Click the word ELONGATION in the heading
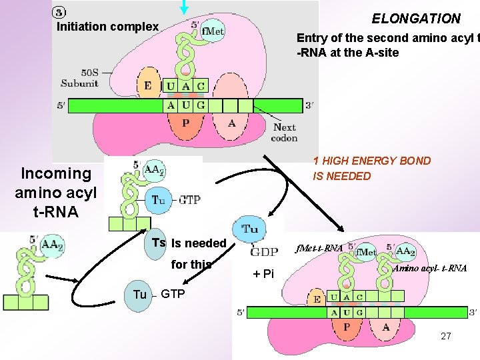pos(416,19)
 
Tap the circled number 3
pos(59,13)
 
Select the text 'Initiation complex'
pos(108,27)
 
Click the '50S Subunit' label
pos(80,78)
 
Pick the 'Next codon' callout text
pos(285,133)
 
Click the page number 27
pos(445,336)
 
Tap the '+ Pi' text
pos(263,273)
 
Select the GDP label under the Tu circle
pos(264,252)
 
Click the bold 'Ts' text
pos(159,243)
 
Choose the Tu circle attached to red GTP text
pos(158,199)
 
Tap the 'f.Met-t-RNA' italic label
pos(321,248)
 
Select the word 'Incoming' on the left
pos(56,173)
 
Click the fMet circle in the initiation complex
pos(211,31)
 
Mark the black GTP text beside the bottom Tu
pos(173,294)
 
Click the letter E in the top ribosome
pos(147,85)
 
